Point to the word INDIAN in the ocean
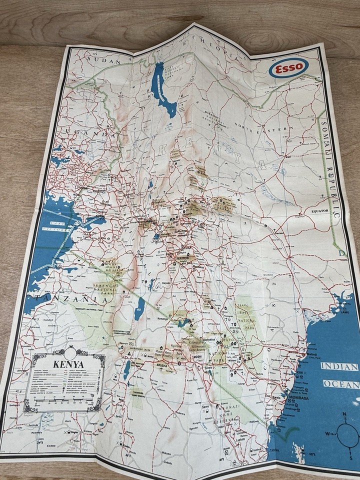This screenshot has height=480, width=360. point(339,366)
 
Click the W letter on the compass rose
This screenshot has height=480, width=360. point(327,433)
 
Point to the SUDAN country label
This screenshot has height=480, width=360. point(104,60)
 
